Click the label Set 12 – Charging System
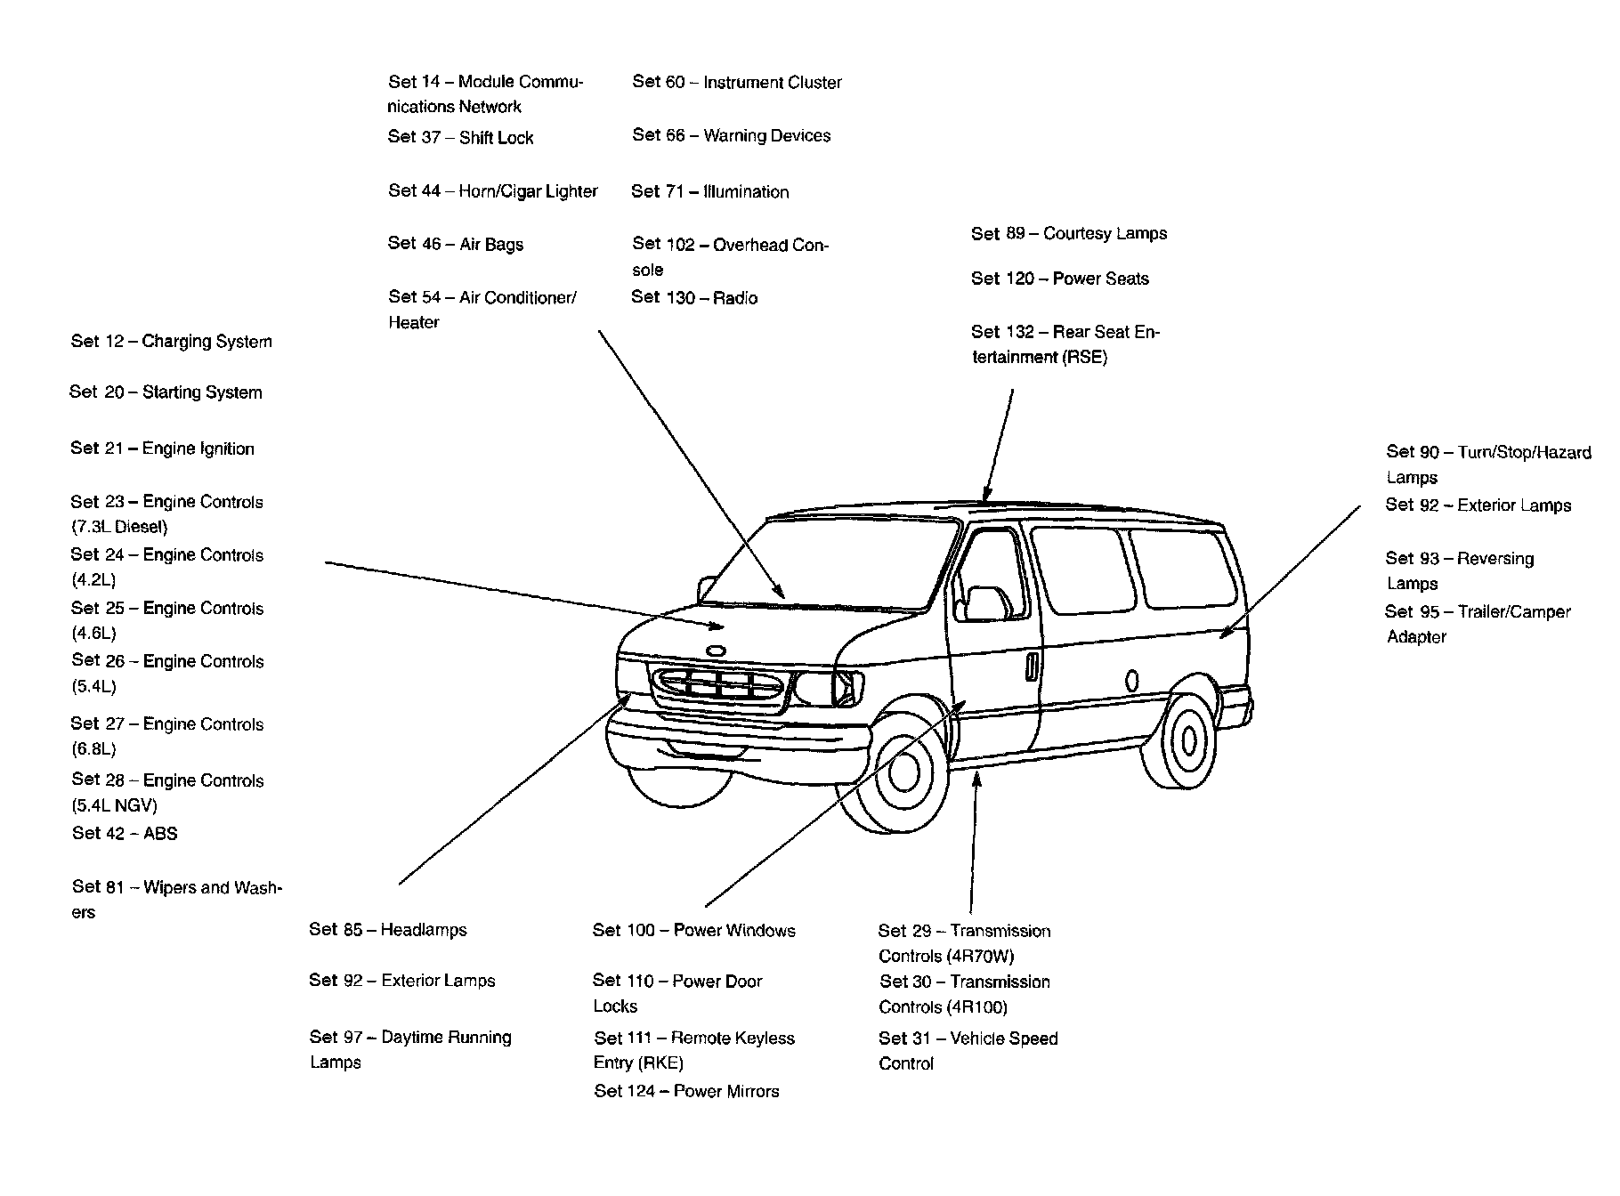171,342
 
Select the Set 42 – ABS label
125,834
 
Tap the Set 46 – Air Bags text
456,244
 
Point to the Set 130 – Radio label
694,298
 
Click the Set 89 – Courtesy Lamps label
1069,234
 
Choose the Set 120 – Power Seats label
1060,279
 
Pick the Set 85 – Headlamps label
388,930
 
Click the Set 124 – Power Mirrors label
686,1092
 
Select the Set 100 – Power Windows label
694,931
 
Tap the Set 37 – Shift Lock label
460,138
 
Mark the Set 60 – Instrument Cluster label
737,83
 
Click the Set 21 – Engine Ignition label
163,449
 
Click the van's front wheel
901,771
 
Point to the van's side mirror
984,603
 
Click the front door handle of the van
1031,667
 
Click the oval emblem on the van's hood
715,651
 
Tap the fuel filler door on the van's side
1131,682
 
